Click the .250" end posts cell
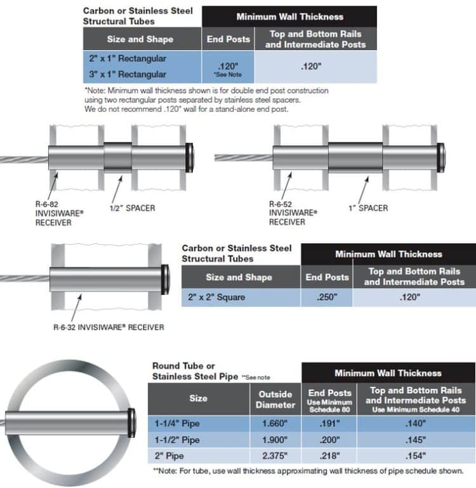(327, 297)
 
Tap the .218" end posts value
(329, 455)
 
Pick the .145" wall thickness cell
(416, 440)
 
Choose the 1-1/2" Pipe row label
(178, 440)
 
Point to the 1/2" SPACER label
(133, 208)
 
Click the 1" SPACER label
(368, 208)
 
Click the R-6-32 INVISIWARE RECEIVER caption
(108, 327)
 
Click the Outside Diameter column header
(276, 399)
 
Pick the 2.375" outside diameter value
(276, 455)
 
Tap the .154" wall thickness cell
(416, 455)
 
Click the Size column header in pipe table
(198, 398)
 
